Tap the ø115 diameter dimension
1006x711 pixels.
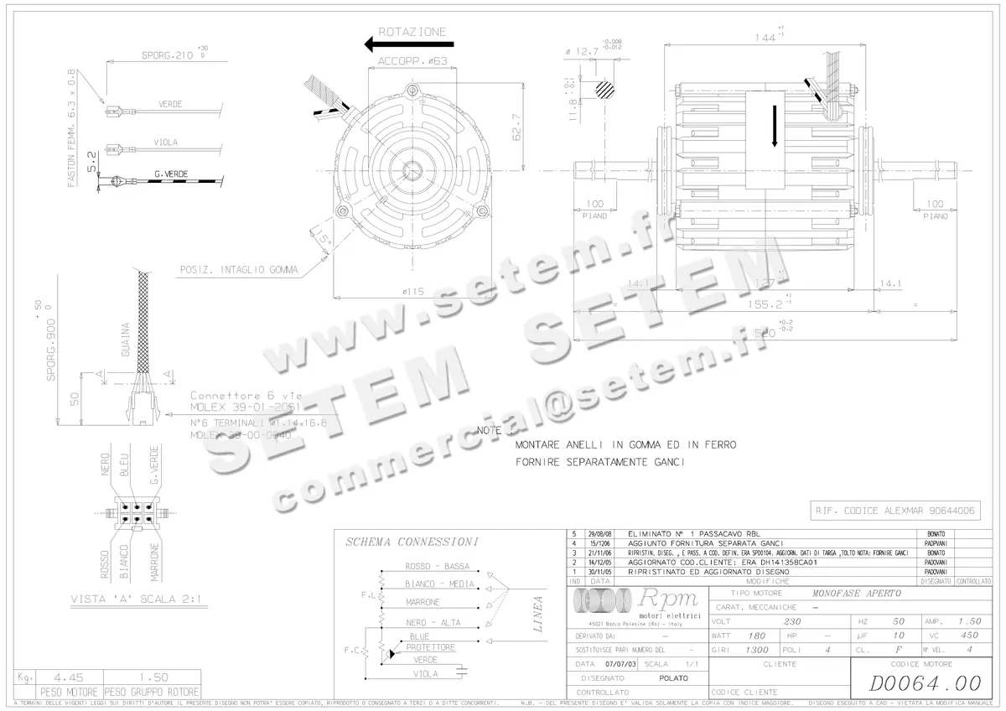[x=412, y=292]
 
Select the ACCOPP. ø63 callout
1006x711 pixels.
[x=412, y=61]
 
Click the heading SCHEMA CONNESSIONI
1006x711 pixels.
[x=412, y=542]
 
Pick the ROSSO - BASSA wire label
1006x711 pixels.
[x=438, y=566]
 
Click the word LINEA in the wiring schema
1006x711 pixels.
[x=538, y=614]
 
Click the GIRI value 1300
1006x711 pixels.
[x=756, y=650]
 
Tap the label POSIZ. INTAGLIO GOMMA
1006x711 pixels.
[x=238, y=270]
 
